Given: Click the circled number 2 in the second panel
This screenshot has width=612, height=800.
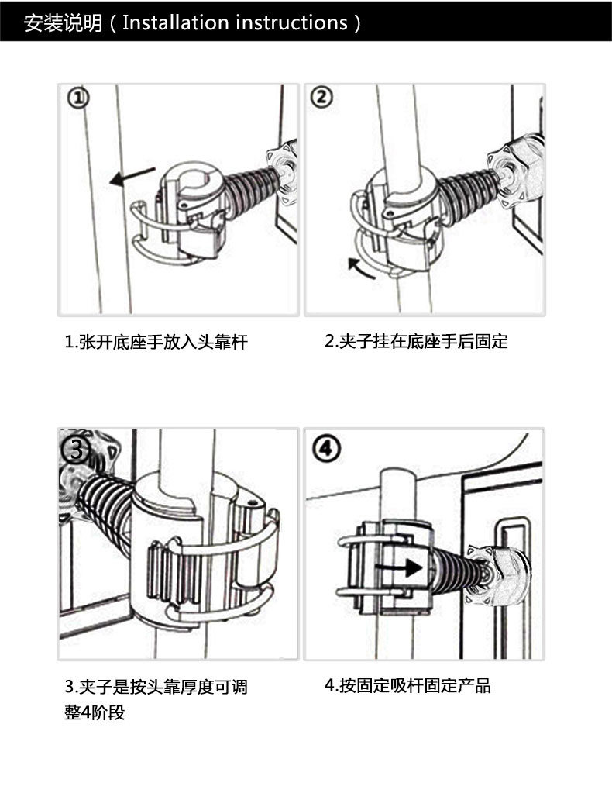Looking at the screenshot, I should pyautogui.click(x=321, y=98).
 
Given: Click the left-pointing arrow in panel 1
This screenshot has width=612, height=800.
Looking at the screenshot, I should pyautogui.click(x=130, y=179).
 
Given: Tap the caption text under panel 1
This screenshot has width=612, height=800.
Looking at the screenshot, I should pyautogui.click(x=155, y=342).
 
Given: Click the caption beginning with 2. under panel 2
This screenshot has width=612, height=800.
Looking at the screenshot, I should pyautogui.click(x=416, y=340).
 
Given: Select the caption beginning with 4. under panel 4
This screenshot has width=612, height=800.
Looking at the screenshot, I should pyautogui.click(x=407, y=685).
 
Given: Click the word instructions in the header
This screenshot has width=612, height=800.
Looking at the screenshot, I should pyautogui.click(x=291, y=22).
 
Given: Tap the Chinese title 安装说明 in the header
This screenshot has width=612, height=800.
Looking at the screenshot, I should pyautogui.click(x=63, y=22).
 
